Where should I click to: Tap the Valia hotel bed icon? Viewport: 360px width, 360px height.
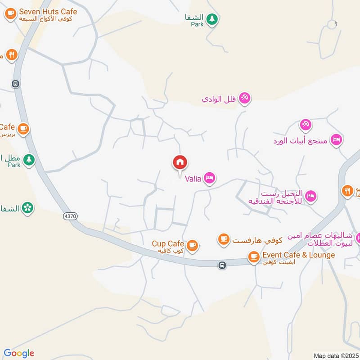click(x=209, y=179)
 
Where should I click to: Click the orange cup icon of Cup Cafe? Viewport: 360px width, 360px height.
click(x=193, y=246)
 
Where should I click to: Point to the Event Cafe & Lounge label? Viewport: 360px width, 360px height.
click(x=299, y=255)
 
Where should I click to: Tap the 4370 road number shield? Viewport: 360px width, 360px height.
click(x=70, y=216)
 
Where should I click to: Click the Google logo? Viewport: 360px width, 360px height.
click(x=19, y=353)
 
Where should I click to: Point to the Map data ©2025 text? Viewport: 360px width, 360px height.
click(x=336, y=355)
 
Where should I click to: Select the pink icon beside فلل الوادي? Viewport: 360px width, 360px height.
click(x=244, y=97)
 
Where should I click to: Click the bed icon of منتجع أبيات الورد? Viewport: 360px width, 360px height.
click(x=336, y=140)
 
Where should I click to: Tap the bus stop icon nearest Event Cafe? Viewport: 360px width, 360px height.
click(x=222, y=265)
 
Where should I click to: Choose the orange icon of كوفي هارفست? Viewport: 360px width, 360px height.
click(x=224, y=239)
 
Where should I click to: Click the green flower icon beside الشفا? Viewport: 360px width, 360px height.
click(x=28, y=208)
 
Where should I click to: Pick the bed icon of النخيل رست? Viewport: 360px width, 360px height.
click(x=310, y=196)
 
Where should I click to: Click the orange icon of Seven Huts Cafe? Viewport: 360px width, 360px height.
click(x=10, y=13)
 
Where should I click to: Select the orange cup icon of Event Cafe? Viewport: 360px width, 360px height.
click(x=254, y=257)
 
